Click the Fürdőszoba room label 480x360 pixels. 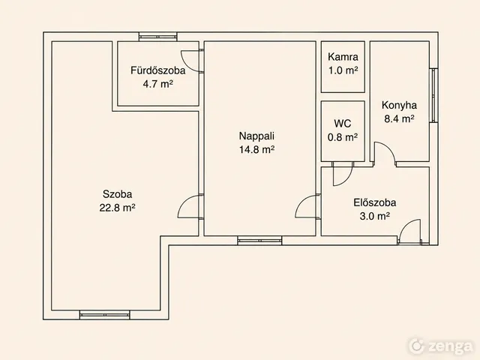coord(158,70)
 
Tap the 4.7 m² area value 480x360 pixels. coord(158,84)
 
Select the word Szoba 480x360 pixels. coord(117,194)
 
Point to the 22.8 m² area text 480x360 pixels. coord(117,208)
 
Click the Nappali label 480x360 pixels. coord(256,136)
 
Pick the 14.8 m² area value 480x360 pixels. coord(256,150)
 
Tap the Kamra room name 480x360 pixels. coord(343,57)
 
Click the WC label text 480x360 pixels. coord(343,124)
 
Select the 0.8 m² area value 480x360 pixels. coord(343,137)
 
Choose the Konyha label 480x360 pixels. coord(399,105)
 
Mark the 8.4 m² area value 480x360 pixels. coord(399,118)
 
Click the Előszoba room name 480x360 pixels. coord(375,202)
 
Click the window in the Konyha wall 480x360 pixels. coord(433,95)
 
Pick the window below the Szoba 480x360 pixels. coord(105,315)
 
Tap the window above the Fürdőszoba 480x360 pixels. coord(158,37)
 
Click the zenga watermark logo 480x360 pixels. coord(441,346)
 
